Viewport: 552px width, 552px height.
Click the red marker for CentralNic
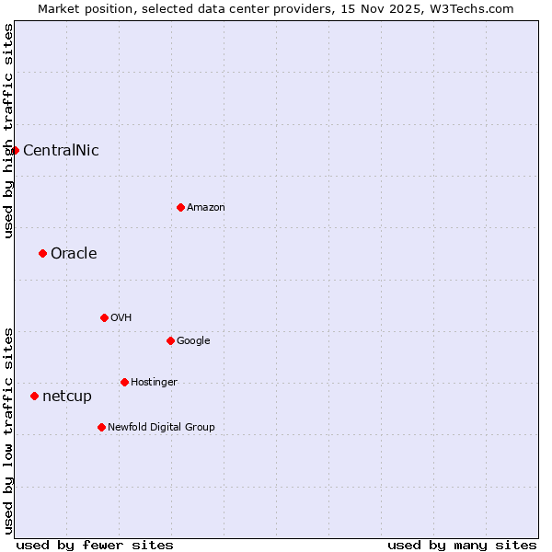[15, 150]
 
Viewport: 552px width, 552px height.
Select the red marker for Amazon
[180, 207]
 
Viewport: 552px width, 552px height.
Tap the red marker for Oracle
[42, 253]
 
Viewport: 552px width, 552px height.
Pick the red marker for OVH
[104, 317]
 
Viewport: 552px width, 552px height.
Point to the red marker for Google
[170, 340]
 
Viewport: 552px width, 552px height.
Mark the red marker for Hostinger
[124, 382]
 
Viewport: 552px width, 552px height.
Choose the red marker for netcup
[34, 396]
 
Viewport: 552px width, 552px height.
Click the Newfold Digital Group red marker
[101, 427]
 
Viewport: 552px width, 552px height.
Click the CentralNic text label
[61, 151]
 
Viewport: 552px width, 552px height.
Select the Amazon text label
[205, 208]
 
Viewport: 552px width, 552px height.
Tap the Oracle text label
[74, 254]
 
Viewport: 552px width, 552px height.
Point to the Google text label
[193, 341]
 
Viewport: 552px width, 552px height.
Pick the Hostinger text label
[154, 383]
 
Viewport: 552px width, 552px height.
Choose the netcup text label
[67, 397]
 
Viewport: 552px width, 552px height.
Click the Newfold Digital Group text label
[161, 428]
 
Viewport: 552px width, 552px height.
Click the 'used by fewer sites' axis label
[95, 545]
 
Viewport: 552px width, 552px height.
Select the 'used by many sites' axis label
[462, 545]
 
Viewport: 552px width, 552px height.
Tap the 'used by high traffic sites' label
[8, 131]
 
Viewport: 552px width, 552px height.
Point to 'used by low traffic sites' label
[8, 431]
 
